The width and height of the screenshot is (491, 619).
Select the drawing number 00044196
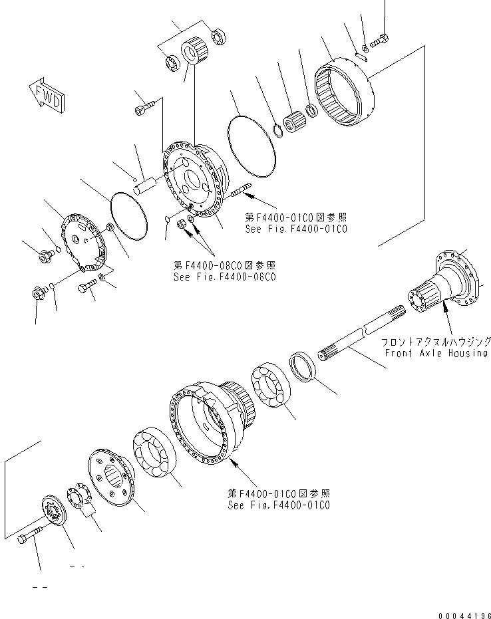pyautogui.click(x=463, y=614)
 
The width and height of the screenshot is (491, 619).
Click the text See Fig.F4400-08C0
pyautogui.click(x=224, y=277)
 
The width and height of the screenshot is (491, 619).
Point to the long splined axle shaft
pyautogui.click(x=359, y=338)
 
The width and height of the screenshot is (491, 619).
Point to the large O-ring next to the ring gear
pyautogui.click(x=252, y=145)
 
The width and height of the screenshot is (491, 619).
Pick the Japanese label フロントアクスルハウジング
pyautogui.click(x=436, y=341)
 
